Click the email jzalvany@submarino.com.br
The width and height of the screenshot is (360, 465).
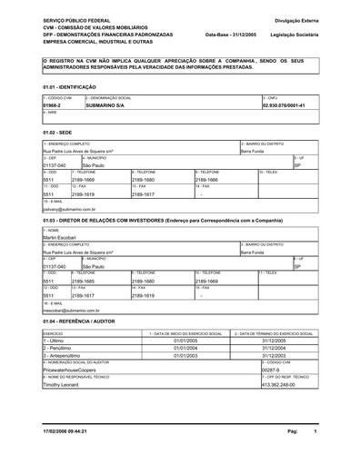coord(70,208)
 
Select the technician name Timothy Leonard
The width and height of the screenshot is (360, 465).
coord(62,384)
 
